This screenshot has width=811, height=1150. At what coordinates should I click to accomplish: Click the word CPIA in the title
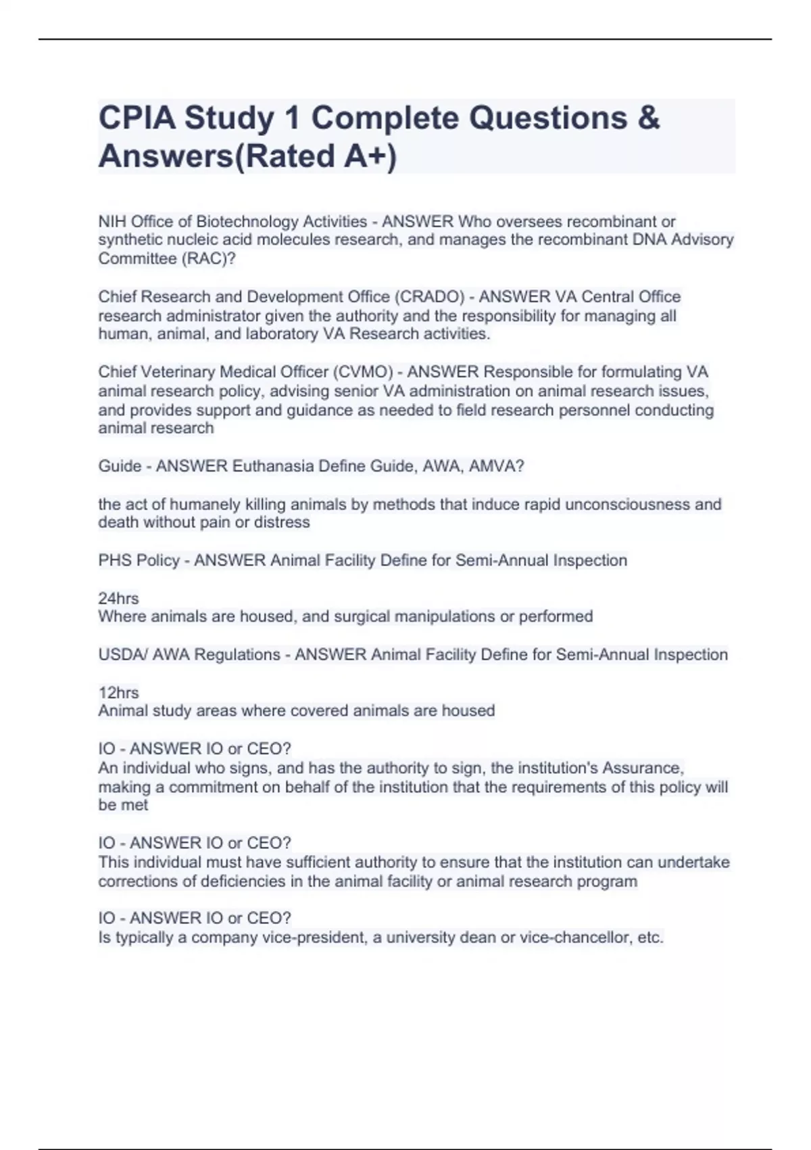tap(137, 119)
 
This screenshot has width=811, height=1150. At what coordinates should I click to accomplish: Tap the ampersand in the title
tap(648, 119)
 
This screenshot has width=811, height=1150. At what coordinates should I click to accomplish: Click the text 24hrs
tap(118, 599)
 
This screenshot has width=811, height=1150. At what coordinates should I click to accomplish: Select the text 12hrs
tap(118, 693)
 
